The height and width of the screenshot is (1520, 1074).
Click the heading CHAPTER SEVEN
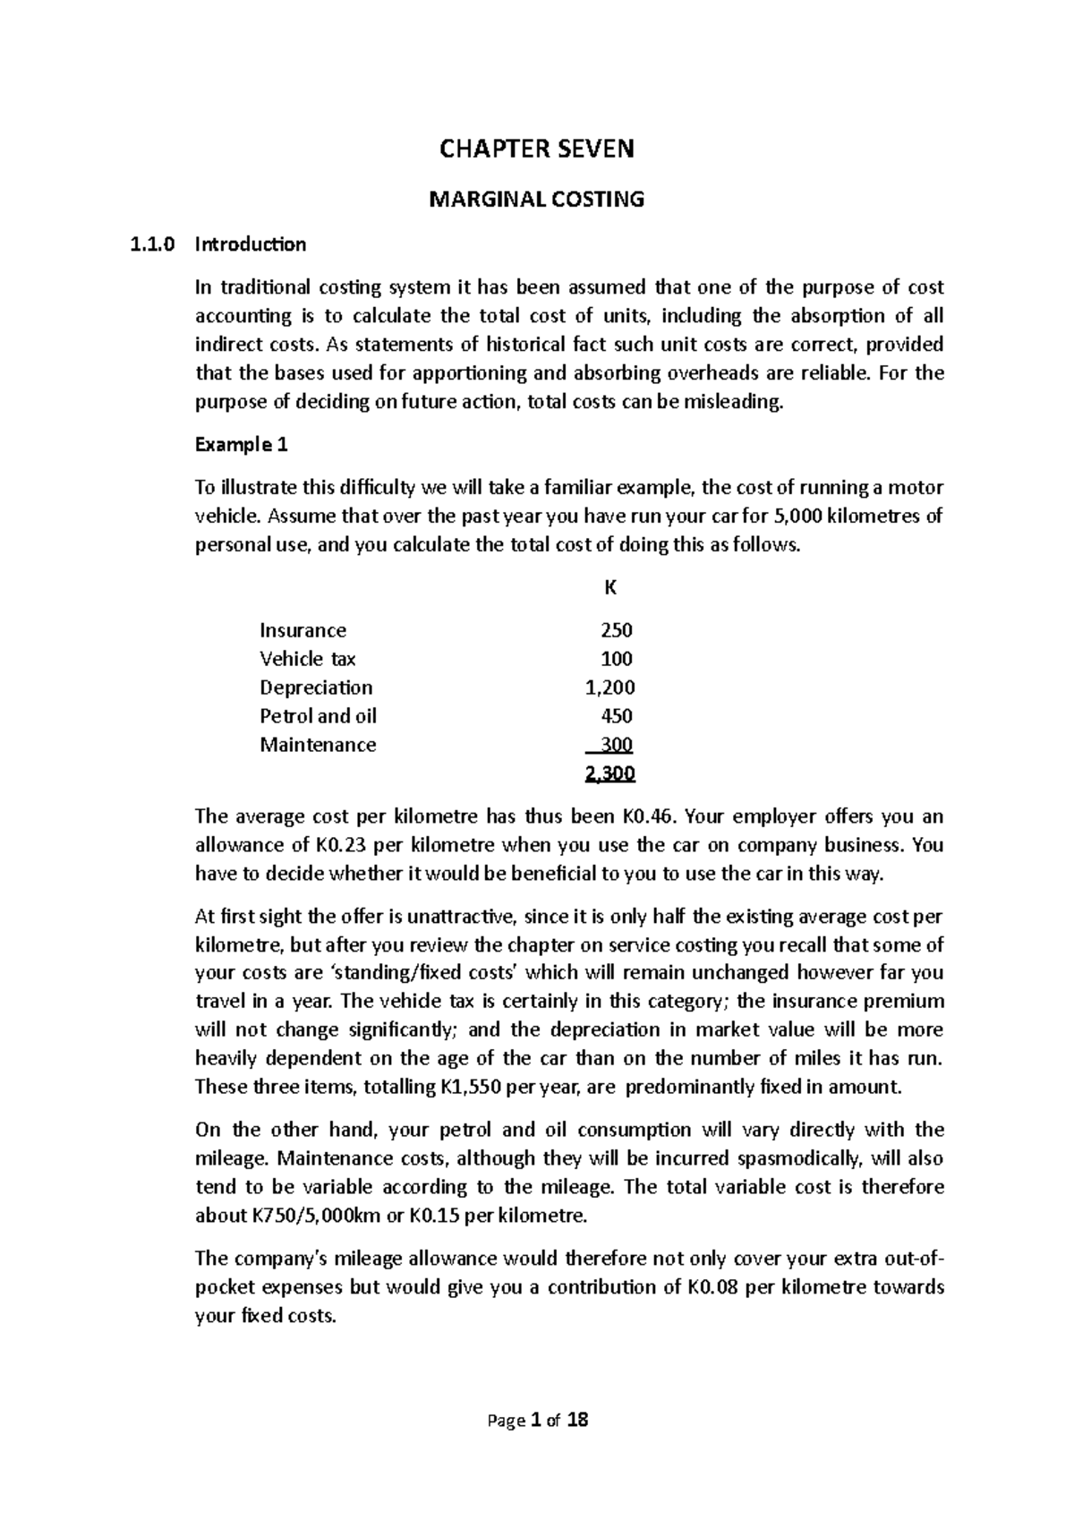coord(536,149)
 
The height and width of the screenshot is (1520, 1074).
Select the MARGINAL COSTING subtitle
coord(536,200)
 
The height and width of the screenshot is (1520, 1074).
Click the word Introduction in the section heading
coord(251,244)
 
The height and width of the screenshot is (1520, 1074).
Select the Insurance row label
coord(303,630)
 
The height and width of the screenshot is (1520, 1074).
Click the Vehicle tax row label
coord(307,659)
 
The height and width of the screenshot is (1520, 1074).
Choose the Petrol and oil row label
coord(318,716)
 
